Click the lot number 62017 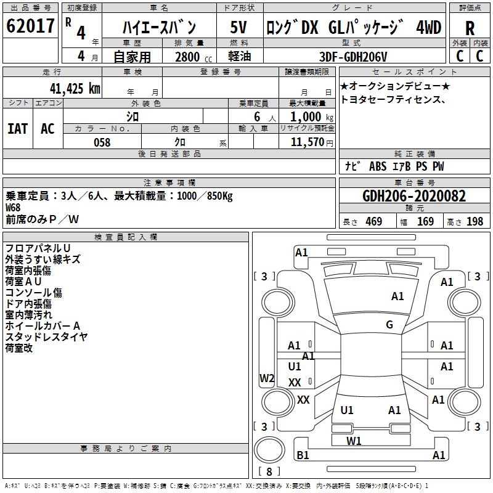point(30,26)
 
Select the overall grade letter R point(470,28)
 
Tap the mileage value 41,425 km point(75,88)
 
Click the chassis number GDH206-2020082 point(414,196)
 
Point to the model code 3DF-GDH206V point(353,57)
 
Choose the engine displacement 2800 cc point(194,57)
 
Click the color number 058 point(102,142)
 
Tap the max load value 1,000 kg point(312,117)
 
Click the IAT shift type point(17,129)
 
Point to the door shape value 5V point(238,27)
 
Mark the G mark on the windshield point(389,324)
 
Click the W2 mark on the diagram point(267,378)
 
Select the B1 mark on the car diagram point(303,455)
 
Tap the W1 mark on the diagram point(354,441)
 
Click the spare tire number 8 point(269,471)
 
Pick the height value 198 point(475,222)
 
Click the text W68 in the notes point(13,208)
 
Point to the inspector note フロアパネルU point(38,248)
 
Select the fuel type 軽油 point(240,56)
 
